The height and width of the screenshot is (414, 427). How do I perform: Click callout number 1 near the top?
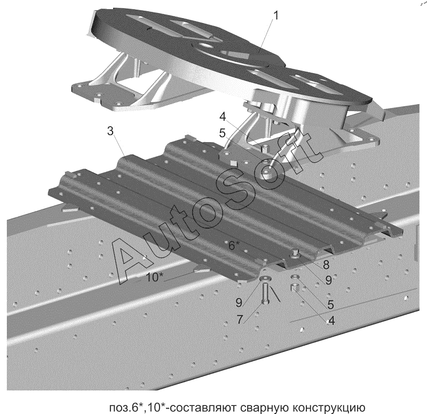click(275, 16)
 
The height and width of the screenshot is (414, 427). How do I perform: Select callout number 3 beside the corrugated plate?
click(110, 131)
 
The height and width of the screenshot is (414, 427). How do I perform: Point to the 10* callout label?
click(155, 276)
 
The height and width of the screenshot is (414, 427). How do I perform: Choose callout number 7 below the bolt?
click(240, 319)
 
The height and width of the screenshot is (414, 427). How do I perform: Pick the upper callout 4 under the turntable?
click(222, 115)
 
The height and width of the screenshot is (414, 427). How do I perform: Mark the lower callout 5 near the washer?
click(331, 305)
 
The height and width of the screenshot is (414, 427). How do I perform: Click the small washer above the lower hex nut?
click(294, 278)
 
